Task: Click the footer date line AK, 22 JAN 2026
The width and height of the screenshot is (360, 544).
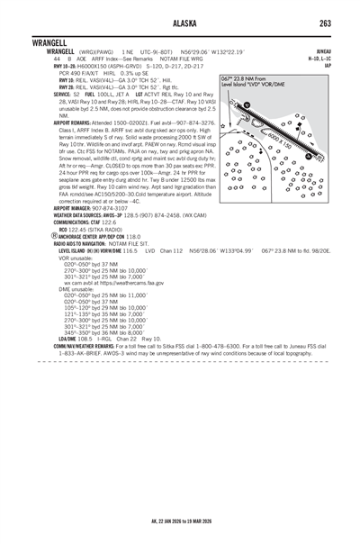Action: (180, 521)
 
